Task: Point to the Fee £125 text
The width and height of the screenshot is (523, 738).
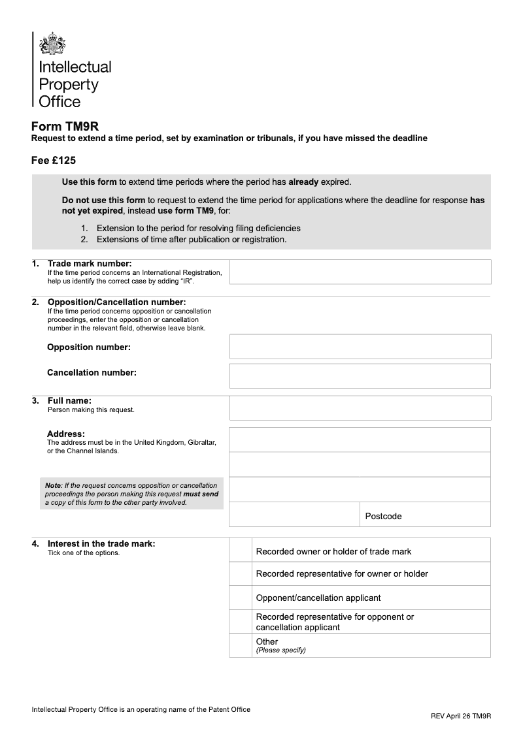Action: point(54,159)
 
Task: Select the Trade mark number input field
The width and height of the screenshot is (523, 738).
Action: point(360,272)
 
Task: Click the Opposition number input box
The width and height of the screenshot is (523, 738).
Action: point(360,347)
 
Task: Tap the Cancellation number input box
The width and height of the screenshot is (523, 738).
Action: point(360,376)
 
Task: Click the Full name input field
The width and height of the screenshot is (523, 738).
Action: point(360,408)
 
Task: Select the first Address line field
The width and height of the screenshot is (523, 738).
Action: point(360,440)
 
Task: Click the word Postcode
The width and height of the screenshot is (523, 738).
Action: point(383,517)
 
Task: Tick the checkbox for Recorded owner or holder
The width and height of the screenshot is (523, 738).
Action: point(241,551)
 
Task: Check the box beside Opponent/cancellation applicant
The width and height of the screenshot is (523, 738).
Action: point(241,598)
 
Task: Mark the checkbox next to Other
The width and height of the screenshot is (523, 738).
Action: point(241,645)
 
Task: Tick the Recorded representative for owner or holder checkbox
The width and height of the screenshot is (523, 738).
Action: point(241,574)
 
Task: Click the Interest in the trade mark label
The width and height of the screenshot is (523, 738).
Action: point(101,543)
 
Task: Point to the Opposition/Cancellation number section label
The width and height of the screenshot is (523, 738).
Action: point(116,302)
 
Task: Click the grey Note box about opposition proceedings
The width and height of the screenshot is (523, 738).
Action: point(131,494)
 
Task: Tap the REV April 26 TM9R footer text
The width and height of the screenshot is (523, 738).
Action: point(461,716)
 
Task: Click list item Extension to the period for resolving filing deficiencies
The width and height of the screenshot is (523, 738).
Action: point(198,229)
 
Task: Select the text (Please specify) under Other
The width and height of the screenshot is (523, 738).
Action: point(281,650)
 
